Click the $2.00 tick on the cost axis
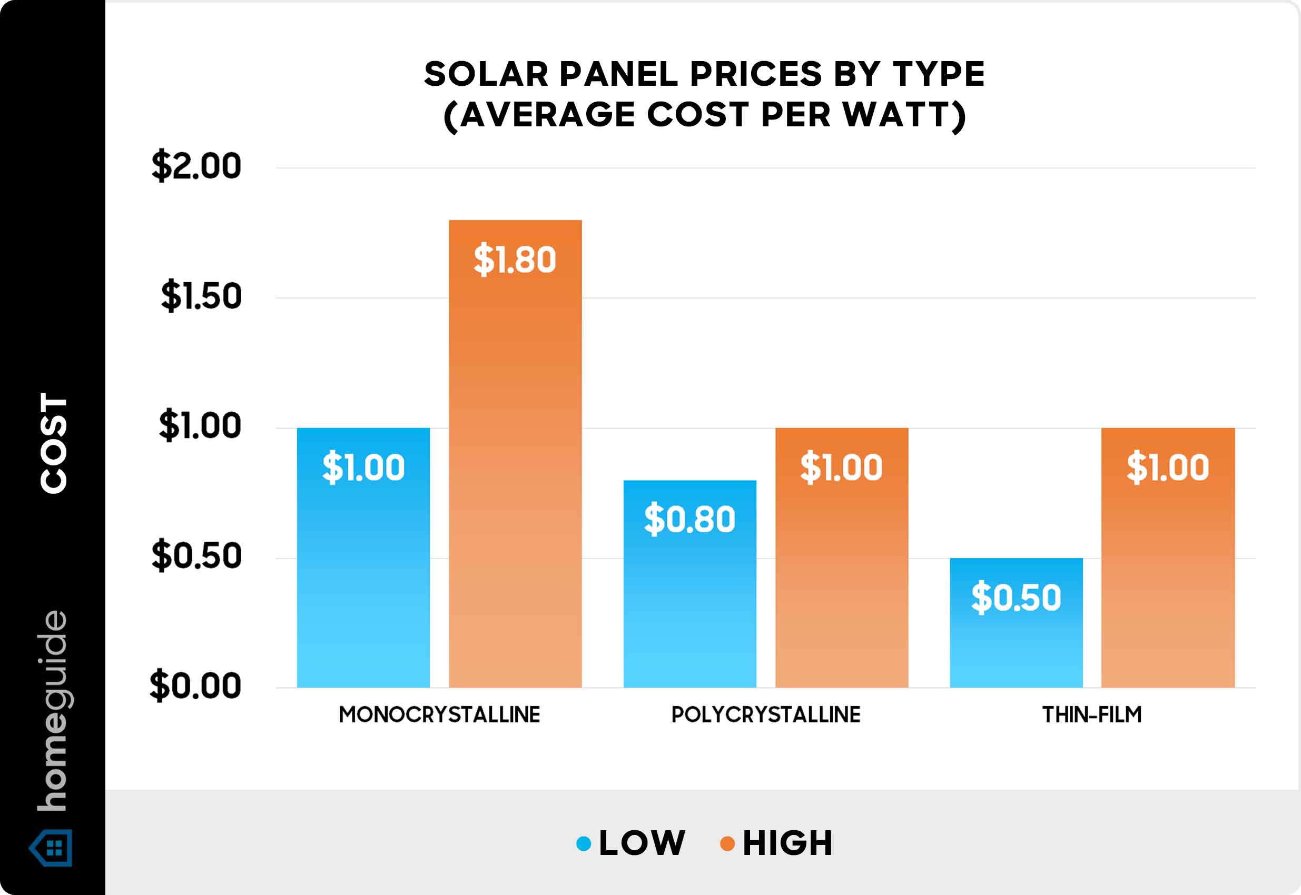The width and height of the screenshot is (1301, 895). tap(196, 166)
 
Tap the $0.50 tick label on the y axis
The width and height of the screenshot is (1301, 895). tap(196, 556)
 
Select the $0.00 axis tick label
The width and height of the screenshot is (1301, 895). tap(195, 685)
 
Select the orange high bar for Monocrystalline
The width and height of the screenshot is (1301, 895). tap(515, 476)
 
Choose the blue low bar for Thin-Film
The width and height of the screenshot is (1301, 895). tap(1016, 645)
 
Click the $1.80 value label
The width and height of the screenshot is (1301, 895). tap(515, 260)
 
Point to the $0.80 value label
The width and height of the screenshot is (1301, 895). tap(689, 519)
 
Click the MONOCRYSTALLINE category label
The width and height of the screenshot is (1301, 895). tap(439, 715)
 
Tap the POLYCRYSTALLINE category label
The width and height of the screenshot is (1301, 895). tap(766, 715)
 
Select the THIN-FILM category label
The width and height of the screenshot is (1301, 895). tap(1092, 715)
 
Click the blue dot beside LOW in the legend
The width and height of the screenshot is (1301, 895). tap(584, 843)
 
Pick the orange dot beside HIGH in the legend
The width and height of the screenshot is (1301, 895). tap(727, 843)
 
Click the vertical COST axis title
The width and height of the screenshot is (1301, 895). tap(54, 443)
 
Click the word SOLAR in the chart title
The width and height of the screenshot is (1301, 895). tap(485, 74)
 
